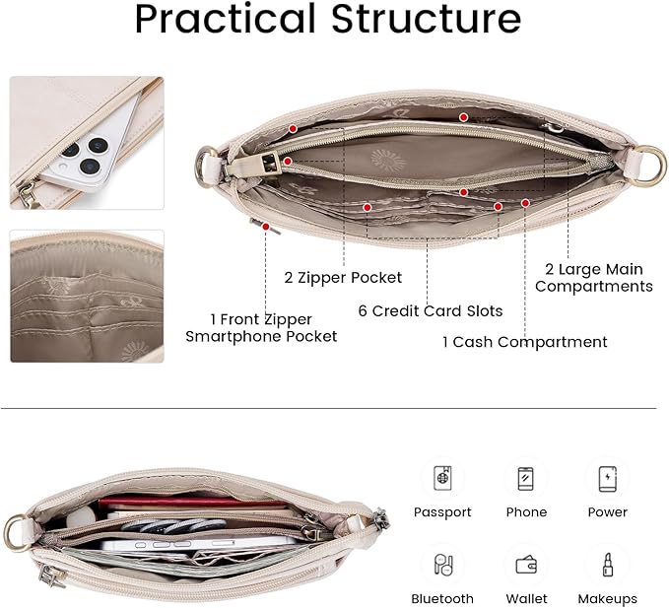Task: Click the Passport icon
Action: click(442, 478)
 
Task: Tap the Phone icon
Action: click(526, 478)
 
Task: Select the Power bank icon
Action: click(608, 479)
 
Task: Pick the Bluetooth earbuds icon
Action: click(442, 565)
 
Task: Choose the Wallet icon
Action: click(526, 565)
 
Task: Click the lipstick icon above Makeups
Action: click(608, 565)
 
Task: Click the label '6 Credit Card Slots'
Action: click(431, 311)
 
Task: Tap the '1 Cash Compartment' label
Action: click(524, 342)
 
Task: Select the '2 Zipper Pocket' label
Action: click(343, 278)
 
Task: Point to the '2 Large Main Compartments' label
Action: click(594, 278)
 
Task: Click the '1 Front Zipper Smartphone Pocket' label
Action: click(261, 328)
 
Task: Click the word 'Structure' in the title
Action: click(426, 19)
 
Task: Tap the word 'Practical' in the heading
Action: click(226, 19)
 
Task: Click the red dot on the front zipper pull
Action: click(266, 227)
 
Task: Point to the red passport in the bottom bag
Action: click(192, 502)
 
